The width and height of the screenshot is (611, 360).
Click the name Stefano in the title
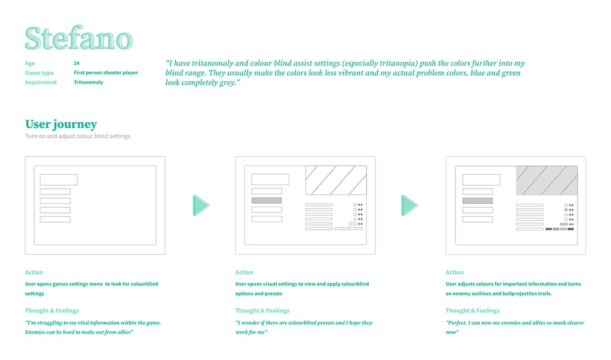79,38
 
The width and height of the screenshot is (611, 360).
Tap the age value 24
76,63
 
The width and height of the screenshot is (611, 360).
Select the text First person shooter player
106,72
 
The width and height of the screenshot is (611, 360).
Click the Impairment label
41,82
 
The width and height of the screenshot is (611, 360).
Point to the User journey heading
61,124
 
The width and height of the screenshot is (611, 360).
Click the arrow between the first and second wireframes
201,205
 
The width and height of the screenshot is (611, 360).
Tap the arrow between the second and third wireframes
409,205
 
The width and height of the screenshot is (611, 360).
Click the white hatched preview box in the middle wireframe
336,181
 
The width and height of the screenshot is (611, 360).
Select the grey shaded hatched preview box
547,181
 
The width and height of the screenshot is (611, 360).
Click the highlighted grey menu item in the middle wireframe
267,201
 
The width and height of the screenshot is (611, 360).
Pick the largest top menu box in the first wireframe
59,179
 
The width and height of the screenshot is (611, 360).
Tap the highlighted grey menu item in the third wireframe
477,201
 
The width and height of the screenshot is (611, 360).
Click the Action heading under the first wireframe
34,273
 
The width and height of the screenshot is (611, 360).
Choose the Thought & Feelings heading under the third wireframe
472,311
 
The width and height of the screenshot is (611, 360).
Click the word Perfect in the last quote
457,322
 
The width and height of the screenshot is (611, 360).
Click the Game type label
39,73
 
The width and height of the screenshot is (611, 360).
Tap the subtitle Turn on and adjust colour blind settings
78,136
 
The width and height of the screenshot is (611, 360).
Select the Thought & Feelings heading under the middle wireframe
262,311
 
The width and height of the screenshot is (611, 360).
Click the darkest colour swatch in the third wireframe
570,229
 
